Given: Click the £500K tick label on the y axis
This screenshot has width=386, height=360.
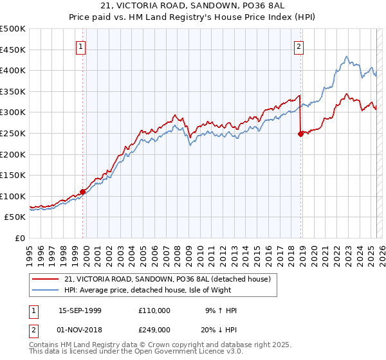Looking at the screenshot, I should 13,29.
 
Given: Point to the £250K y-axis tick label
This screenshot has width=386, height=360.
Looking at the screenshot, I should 13,133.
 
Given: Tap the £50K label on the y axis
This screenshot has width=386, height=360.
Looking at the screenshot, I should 15,217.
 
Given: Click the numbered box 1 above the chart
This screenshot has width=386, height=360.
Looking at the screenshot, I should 82,46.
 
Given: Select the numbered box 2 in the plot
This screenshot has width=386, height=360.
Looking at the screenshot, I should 300,46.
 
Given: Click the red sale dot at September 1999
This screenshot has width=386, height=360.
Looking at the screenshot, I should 83,192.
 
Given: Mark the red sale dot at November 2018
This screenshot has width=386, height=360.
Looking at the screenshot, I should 300,134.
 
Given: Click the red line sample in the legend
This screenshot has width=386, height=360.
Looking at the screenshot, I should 46,279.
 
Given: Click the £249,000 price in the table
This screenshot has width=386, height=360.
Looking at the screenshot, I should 154,329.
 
